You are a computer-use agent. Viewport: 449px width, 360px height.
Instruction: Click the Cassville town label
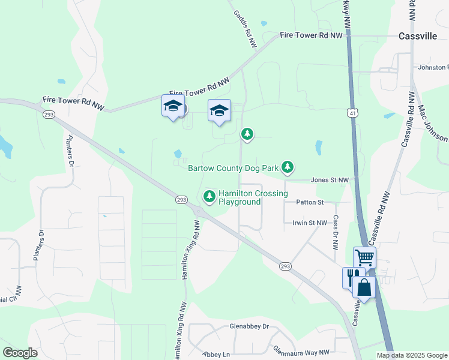[x=418, y=36]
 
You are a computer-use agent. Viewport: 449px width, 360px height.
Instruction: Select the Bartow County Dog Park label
[x=233, y=168]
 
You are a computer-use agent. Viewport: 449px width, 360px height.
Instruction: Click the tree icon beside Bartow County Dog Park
[x=288, y=167]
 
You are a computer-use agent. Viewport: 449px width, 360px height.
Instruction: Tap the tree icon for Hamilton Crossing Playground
[x=209, y=196]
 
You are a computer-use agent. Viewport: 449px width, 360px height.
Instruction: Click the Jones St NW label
[x=330, y=180]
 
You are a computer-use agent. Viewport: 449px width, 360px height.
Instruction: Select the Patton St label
[x=309, y=202]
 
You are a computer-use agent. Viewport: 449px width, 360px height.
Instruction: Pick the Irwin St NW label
[x=309, y=223]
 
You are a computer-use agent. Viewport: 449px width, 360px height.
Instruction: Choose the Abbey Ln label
[x=216, y=355]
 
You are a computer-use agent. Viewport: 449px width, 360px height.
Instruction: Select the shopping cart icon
[x=364, y=258]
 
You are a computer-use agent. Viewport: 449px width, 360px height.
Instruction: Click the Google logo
[x=20, y=352]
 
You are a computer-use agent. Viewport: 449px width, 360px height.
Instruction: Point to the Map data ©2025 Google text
[x=412, y=355]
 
